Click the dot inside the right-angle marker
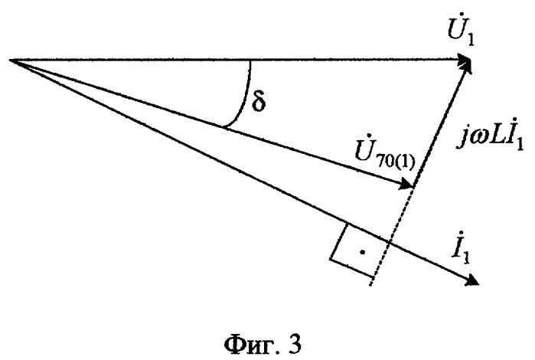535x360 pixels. click(363, 252)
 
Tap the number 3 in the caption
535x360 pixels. click(295, 344)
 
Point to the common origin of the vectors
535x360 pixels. click(10, 60)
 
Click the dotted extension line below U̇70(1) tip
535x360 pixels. click(392, 236)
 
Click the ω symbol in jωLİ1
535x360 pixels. click(475, 139)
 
